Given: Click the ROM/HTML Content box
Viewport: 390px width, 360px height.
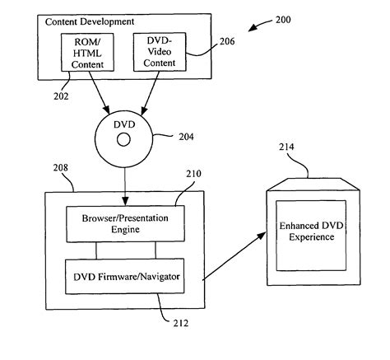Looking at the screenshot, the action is pyautogui.click(x=87, y=53).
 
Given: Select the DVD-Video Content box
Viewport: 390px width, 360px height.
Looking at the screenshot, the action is pyautogui.click(x=160, y=52).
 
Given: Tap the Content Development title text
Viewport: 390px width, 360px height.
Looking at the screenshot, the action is pyautogui.click(x=90, y=21).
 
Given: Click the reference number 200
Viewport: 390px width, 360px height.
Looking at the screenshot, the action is pyautogui.click(x=283, y=20).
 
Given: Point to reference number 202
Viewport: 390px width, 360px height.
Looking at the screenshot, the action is pyautogui.click(x=61, y=96).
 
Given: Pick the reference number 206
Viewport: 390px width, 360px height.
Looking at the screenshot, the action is pyautogui.click(x=227, y=41).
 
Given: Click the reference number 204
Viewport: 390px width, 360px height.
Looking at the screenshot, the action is pyautogui.click(x=187, y=137).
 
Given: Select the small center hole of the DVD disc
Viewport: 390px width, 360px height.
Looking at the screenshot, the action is pyautogui.click(x=123, y=140).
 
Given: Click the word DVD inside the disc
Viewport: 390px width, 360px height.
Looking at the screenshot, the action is pyautogui.click(x=124, y=124).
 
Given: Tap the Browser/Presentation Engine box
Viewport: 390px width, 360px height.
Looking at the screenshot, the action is pyautogui.click(x=125, y=224).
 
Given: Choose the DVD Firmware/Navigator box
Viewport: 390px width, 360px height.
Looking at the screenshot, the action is pyautogui.click(x=124, y=276).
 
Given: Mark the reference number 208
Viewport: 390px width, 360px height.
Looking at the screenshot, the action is pyautogui.click(x=61, y=167).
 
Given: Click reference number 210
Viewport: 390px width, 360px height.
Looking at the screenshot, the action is pyautogui.click(x=193, y=174).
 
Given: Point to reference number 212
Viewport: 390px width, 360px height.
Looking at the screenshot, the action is pyautogui.click(x=181, y=323).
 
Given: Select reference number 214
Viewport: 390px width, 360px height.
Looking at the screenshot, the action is pyautogui.click(x=286, y=147).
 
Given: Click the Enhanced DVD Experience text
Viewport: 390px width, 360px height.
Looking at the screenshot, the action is pyautogui.click(x=311, y=231).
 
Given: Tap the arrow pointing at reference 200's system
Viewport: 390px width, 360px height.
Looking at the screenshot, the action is pyautogui.click(x=260, y=25).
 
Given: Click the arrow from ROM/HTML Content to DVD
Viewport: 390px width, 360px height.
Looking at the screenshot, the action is pyautogui.click(x=99, y=92).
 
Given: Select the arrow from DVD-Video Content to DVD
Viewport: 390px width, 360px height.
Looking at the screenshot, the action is pyautogui.click(x=150, y=93).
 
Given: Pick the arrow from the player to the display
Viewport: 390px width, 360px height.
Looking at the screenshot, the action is pyautogui.click(x=234, y=256).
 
